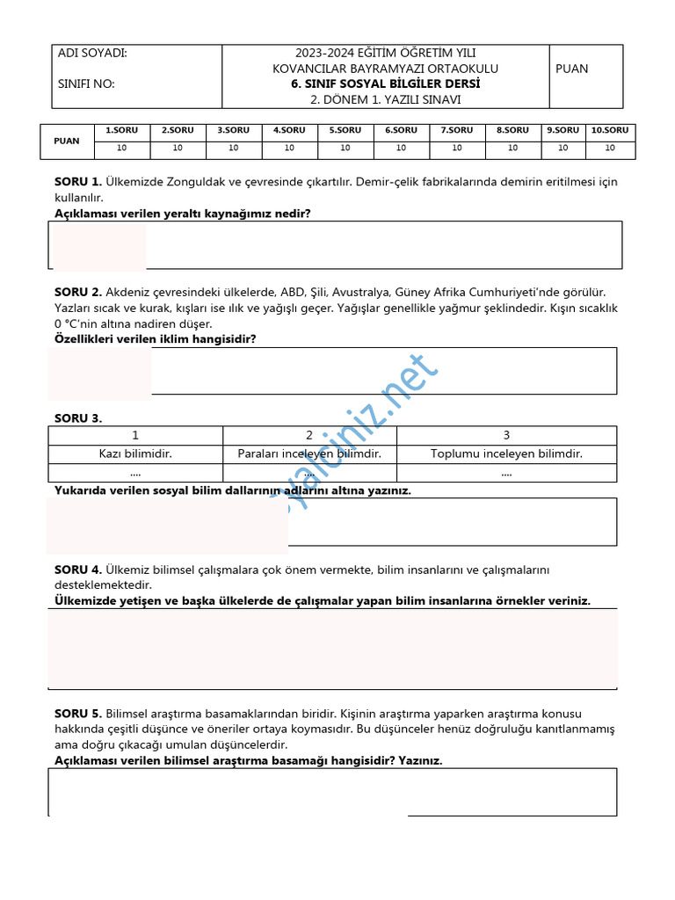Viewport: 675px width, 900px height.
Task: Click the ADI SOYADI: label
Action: (x=92, y=53)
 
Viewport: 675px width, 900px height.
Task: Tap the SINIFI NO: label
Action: (x=86, y=84)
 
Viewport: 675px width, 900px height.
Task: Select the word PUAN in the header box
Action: (x=572, y=69)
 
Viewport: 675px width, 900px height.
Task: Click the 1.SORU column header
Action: (x=121, y=130)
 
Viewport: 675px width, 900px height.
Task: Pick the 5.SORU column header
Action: (x=345, y=130)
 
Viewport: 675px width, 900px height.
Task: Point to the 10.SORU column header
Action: (x=609, y=130)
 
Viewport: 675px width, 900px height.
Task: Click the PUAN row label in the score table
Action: (x=67, y=141)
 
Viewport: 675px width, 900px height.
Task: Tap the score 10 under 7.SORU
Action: (x=457, y=148)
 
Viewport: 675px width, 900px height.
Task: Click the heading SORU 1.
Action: (x=77, y=182)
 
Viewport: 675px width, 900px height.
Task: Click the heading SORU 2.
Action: (x=77, y=292)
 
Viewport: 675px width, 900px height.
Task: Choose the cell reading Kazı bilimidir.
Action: (x=135, y=454)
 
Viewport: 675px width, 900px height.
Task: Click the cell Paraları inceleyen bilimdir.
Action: (x=309, y=454)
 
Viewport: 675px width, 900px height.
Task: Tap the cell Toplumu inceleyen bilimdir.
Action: (x=506, y=454)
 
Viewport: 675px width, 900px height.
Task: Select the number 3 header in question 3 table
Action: (x=506, y=435)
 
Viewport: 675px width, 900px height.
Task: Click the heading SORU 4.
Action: (x=77, y=570)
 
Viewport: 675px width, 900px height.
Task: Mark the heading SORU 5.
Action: (x=77, y=714)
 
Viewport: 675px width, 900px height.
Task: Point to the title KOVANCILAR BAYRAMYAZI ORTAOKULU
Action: (x=385, y=69)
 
